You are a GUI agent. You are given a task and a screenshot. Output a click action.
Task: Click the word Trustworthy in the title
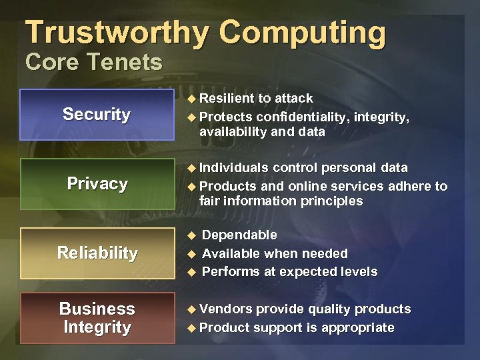117,33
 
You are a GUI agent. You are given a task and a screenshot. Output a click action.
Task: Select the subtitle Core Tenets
93,62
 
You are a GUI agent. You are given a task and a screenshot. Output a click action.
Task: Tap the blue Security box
97,115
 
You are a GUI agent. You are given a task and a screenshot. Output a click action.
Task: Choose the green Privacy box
97,184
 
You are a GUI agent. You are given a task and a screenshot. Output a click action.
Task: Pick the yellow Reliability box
97,253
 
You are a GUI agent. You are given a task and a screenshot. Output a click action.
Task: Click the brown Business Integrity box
97,318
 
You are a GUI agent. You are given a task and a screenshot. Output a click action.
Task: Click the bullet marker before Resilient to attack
191,99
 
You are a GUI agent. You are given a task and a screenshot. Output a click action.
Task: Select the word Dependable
239,235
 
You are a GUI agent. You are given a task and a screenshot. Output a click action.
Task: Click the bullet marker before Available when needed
191,254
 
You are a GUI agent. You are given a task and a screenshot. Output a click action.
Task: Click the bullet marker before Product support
191,328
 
